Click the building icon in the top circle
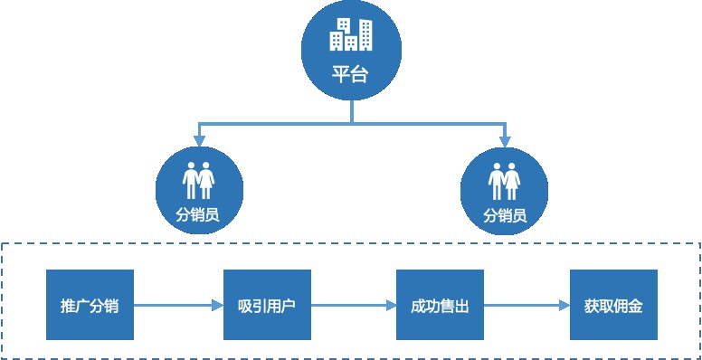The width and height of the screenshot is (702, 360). point(351,34)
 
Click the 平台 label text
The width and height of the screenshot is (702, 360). point(351,75)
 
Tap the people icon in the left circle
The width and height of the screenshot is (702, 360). point(198,181)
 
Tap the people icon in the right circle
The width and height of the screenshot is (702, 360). point(505,181)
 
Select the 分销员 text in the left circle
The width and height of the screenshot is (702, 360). point(198,215)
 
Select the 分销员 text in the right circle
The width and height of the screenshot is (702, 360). point(505,215)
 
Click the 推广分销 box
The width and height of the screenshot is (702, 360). point(90,305)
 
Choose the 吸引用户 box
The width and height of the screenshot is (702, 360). point(267,305)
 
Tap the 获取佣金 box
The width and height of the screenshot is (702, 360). point(613,305)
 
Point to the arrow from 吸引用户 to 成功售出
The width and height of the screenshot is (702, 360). point(354,305)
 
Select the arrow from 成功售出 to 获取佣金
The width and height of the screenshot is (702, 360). point(526,305)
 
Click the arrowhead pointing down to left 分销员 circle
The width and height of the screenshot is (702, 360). point(198,139)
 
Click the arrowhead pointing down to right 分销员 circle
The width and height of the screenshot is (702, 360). point(505,139)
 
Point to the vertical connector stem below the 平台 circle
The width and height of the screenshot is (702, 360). point(351,111)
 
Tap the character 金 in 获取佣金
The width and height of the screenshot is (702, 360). point(636,305)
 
